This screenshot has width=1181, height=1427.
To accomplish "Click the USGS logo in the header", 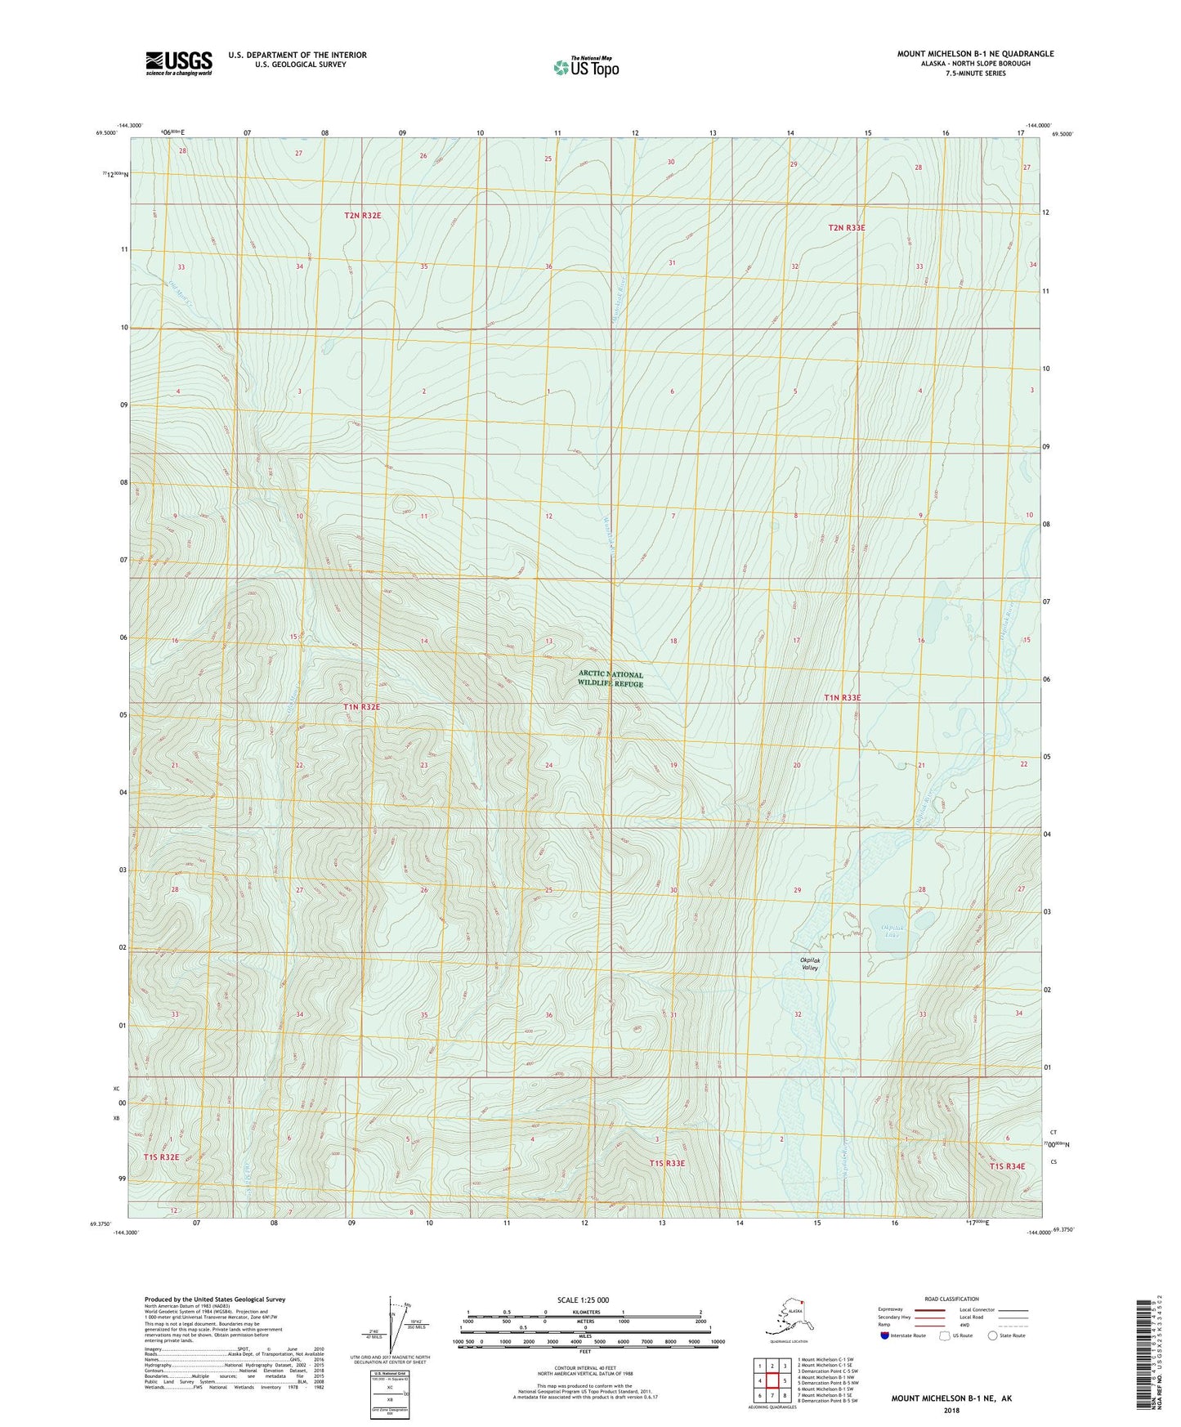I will coord(178,63).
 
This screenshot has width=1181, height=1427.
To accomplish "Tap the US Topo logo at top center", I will coord(585,67).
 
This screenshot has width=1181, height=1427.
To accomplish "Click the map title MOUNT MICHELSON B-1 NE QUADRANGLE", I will coord(975,54).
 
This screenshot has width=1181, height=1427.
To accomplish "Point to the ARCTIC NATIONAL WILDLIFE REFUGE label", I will coord(611,679).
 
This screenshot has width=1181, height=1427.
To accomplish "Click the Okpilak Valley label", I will coord(809,963).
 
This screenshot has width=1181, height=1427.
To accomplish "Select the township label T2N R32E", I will coord(362,216).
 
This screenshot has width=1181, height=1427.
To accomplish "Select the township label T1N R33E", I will coord(842,698).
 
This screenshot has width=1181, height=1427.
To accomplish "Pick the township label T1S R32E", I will coord(161,1157).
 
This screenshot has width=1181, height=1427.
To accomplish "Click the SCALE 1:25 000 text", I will coord(584,1300).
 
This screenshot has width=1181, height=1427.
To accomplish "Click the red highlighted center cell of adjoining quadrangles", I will coord(772,1381).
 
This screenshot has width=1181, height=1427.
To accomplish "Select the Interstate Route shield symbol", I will coord(884,1335).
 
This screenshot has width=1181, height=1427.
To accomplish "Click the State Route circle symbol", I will coord(993,1335).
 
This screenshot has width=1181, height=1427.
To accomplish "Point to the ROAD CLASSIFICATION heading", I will coord(951,1299).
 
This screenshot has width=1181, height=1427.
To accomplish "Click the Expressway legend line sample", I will coord(929,1309).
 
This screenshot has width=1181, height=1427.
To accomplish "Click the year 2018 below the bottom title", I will coord(951,1410).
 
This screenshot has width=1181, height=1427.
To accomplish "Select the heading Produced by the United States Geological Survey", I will coord(214,1300).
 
